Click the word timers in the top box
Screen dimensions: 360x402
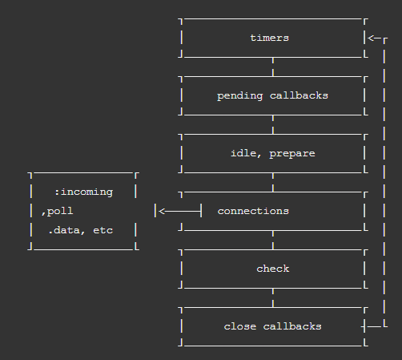269,38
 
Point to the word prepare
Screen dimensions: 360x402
292,153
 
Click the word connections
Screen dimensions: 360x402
253,211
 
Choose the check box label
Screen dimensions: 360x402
272,269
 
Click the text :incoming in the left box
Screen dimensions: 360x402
83,192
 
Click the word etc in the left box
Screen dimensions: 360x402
103,230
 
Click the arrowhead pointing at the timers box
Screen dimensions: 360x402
372,38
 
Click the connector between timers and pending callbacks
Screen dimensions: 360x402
272,67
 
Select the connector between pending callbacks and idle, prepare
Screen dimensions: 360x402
272,124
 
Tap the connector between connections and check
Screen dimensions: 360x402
272,240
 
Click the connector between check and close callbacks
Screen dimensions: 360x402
272,297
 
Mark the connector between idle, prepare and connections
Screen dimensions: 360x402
272,182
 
